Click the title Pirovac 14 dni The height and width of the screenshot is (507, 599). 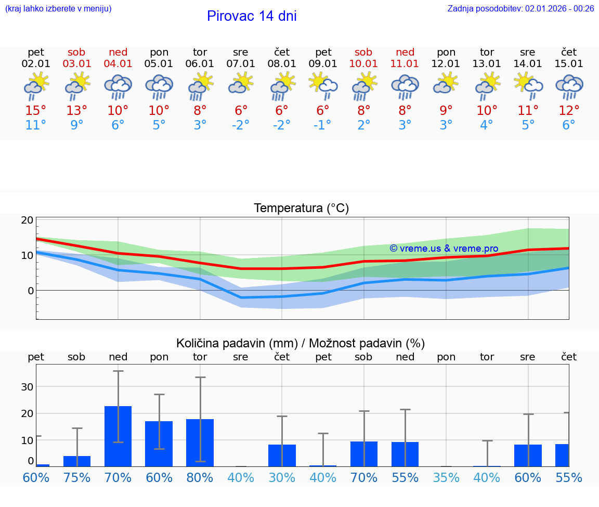[x=252, y=16]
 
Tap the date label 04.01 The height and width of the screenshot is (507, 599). [x=118, y=64]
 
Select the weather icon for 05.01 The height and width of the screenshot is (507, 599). [x=159, y=87]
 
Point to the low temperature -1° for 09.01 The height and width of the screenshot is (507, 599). [x=323, y=125]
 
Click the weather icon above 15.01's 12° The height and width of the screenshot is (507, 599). [x=569, y=87]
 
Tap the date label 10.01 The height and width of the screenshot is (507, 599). [x=363, y=64]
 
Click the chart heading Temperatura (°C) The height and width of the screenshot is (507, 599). [x=301, y=209]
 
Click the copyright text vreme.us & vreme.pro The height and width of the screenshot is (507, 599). [x=444, y=249]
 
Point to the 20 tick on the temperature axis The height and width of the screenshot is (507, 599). [x=27, y=220]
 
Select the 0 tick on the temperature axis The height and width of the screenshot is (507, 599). [x=30, y=290]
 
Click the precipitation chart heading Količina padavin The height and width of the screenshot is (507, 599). [x=301, y=343]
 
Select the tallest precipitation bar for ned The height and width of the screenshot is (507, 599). [x=118, y=436]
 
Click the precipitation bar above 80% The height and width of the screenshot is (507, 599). [x=200, y=443]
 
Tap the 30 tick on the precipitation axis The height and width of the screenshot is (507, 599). [x=27, y=386]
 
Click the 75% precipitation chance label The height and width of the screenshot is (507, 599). [x=77, y=477]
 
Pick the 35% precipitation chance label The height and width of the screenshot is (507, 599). [x=446, y=477]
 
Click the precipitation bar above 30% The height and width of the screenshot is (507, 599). [x=282, y=456]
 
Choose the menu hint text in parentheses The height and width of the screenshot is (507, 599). [x=58, y=8]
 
